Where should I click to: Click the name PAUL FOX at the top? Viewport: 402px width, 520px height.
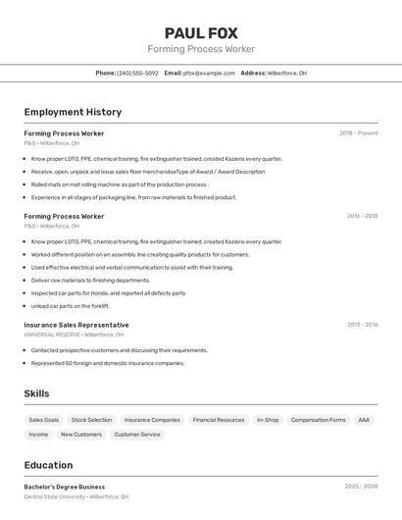tap(201, 32)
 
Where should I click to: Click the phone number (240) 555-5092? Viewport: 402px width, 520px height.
tap(138, 74)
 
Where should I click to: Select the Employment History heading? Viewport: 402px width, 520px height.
tap(73, 113)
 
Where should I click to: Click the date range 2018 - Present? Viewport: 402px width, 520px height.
tap(358, 133)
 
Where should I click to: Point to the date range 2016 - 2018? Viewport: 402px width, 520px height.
tap(362, 216)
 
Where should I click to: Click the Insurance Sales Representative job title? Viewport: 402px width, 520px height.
tap(76, 325)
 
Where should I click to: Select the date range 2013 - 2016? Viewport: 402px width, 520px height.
tap(362, 325)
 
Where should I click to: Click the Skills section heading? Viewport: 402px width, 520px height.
tap(36, 393)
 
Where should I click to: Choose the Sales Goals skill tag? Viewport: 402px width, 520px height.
tap(43, 420)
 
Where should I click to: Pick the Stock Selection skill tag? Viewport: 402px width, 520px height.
tap(91, 420)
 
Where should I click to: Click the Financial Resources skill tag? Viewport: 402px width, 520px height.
tap(218, 420)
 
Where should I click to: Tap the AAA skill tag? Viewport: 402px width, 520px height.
tap(364, 420)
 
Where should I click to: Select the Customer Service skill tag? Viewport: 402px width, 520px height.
tap(137, 434)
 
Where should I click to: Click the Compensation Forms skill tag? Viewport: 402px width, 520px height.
tap(318, 420)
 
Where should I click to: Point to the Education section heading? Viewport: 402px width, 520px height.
tap(48, 465)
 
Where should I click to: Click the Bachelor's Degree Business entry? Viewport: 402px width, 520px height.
tap(65, 487)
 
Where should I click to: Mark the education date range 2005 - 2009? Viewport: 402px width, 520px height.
tap(361, 487)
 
